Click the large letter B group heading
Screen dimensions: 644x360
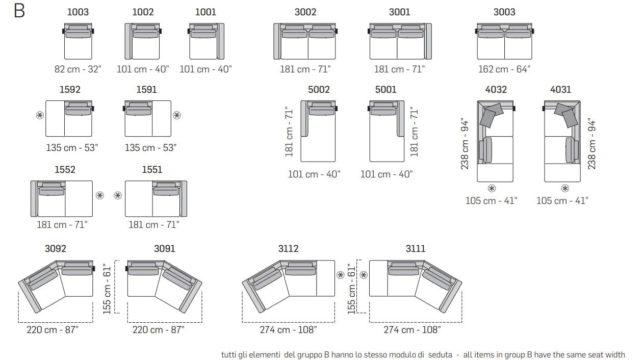19,11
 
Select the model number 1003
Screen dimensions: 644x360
78,12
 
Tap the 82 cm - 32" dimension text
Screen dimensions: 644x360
78,69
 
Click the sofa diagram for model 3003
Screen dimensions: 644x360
505,41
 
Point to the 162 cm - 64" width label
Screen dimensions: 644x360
504,69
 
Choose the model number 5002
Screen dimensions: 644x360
319,90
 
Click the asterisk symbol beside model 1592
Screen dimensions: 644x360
40,115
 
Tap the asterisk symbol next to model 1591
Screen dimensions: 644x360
177,115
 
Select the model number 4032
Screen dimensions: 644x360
496,90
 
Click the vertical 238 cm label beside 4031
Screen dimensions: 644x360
591,144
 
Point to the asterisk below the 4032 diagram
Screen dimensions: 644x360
492,189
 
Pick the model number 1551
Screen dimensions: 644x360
152,170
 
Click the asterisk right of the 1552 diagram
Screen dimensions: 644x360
100,195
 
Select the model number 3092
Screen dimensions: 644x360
56,248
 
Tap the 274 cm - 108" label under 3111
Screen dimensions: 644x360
412,330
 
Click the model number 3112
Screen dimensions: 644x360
289,248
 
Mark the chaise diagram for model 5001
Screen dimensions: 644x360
387,131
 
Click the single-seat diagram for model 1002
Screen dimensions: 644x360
143,41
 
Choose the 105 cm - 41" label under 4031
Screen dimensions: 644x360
562,201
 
